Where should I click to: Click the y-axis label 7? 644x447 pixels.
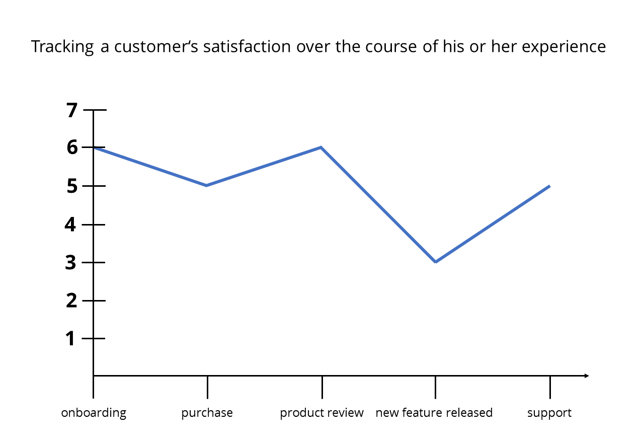(72, 110)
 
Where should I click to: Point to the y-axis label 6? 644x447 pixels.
(72, 147)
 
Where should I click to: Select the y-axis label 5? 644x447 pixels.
(72, 186)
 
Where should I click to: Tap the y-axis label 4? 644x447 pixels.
(71, 224)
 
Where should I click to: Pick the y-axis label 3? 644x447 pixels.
(71, 262)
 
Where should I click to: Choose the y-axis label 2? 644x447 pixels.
(71, 301)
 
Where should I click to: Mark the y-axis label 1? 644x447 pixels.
(71, 338)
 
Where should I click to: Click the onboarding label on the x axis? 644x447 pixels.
(94, 413)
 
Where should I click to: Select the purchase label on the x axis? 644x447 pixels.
(207, 413)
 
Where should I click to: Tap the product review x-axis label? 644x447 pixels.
(321, 413)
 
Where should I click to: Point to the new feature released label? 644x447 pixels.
(434, 413)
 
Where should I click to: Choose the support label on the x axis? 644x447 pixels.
(549, 413)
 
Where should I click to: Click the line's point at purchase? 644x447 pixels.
(207, 186)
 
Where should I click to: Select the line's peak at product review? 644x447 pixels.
(321, 147)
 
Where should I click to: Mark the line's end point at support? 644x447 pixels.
(549, 186)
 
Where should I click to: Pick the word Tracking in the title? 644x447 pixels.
(62, 47)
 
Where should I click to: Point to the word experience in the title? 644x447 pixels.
(562, 47)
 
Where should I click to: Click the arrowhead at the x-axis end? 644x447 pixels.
(586, 376)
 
